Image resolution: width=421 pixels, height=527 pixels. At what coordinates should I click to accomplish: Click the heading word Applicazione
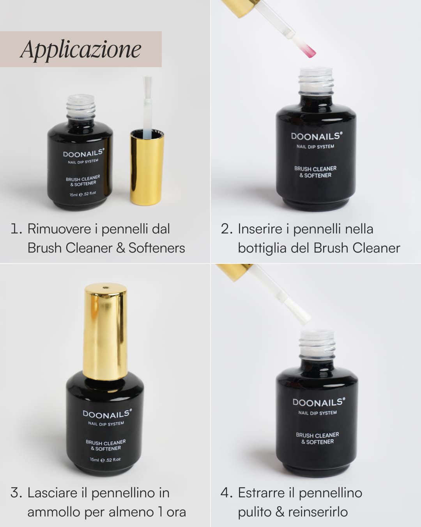tap(81, 50)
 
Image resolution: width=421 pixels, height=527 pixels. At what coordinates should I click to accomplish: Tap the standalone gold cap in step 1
tap(147, 168)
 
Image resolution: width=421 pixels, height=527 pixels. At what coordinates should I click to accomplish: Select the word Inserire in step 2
tap(260, 229)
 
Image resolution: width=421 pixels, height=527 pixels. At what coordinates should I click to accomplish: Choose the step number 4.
tap(226, 493)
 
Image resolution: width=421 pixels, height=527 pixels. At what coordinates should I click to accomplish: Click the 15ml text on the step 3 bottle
tap(94, 460)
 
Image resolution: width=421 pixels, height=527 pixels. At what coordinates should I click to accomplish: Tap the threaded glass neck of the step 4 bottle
tap(317, 345)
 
